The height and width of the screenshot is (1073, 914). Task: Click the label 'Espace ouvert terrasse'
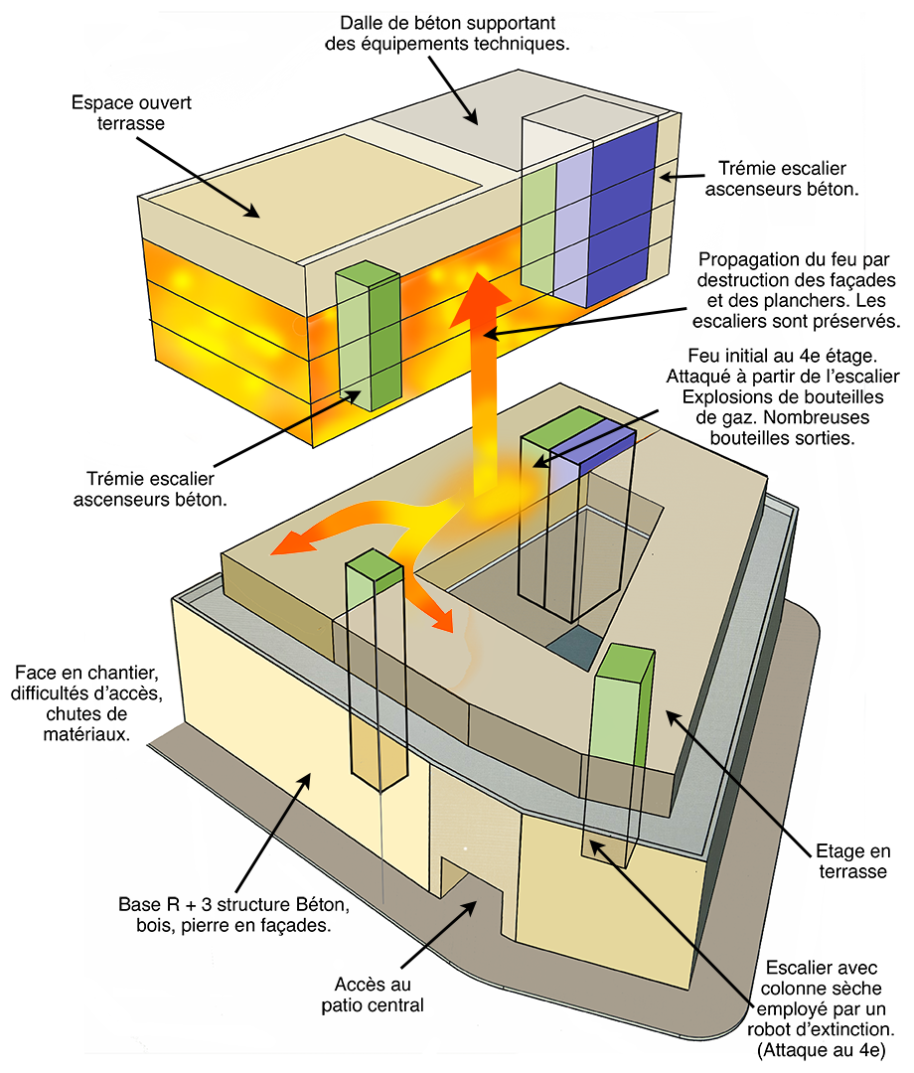[x=132, y=112]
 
